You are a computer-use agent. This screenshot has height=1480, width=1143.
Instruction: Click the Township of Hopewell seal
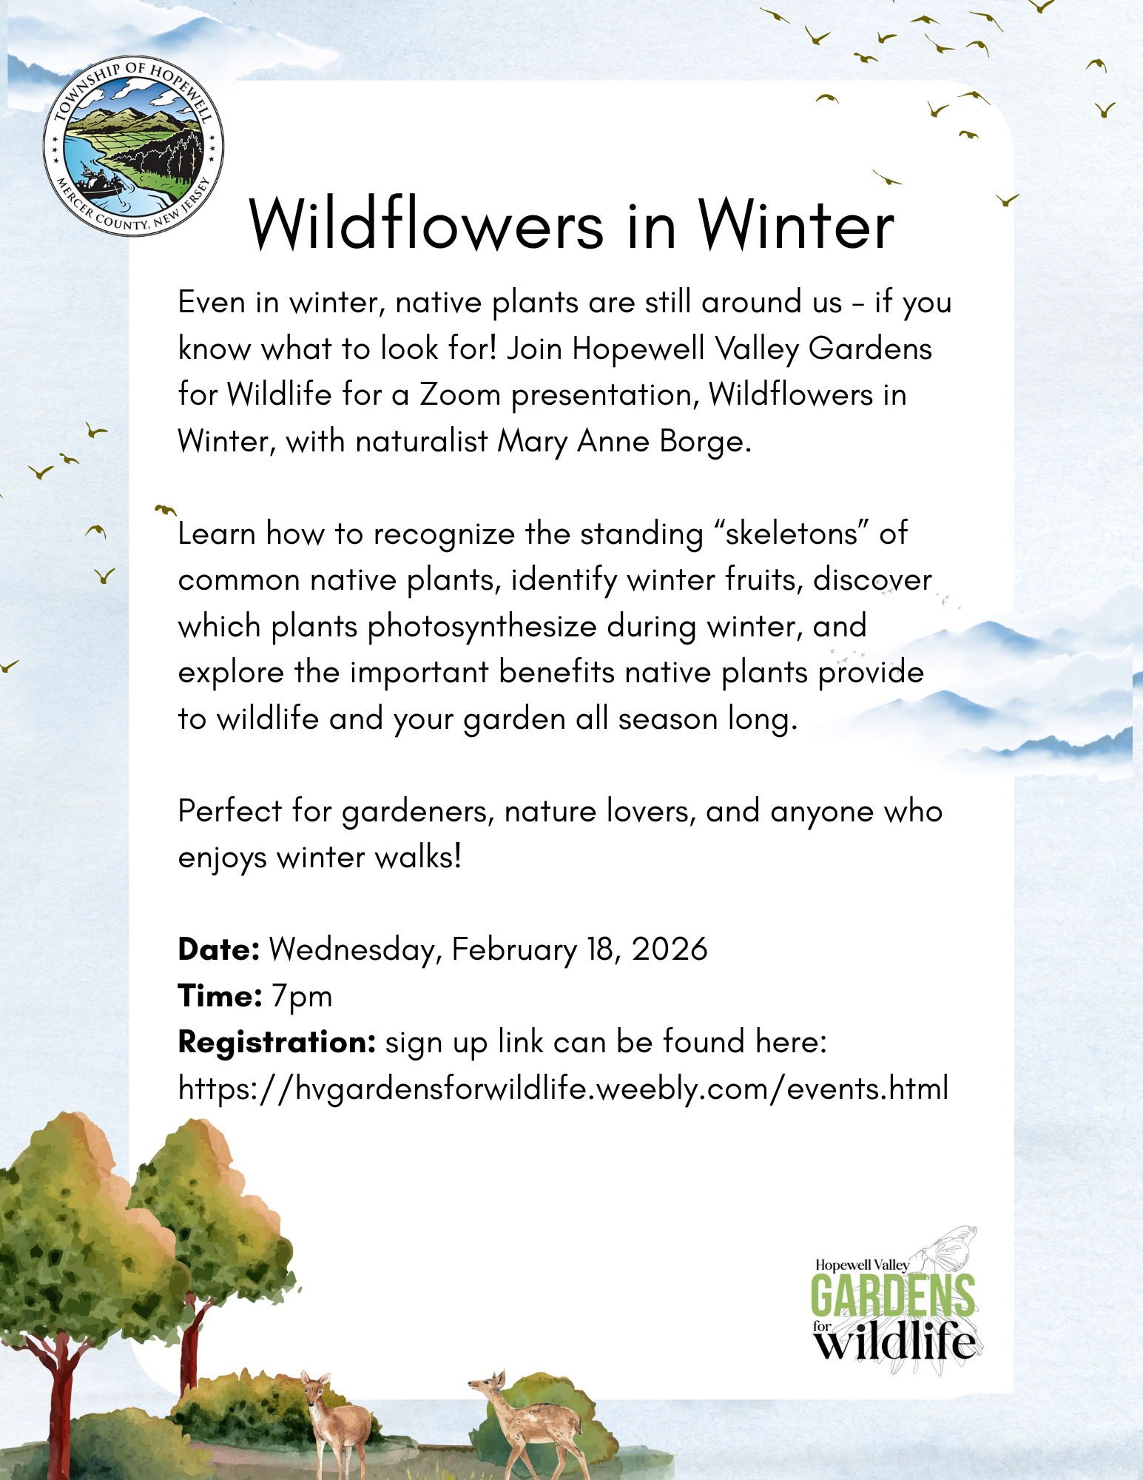[x=133, y=146]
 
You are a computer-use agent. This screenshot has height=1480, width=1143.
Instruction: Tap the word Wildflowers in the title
[x=426, y=225]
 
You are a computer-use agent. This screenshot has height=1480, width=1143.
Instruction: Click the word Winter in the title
[x=796, y=225]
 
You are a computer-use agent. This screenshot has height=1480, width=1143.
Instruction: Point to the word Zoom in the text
[x=460, y=395]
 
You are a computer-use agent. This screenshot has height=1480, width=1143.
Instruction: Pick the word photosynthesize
[x=482, y=627]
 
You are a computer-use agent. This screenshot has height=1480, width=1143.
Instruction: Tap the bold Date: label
[x=218, y=949]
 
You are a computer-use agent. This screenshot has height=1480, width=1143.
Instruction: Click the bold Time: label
[x=220, y=996]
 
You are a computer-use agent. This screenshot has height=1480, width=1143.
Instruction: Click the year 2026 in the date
[x=670, y=949]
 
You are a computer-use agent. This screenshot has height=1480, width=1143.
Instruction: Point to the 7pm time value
[x=302, y=997]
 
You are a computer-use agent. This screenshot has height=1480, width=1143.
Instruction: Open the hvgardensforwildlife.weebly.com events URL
[x=563, y=1089]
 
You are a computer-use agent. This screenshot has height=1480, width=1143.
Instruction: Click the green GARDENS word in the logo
[x=892, y=1294]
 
